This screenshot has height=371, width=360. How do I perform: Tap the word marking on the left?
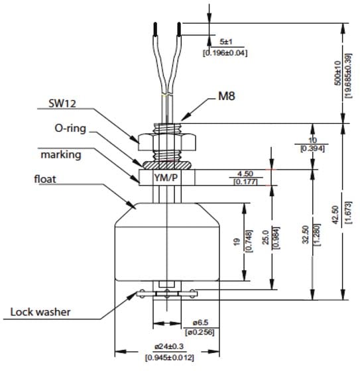point(62,154)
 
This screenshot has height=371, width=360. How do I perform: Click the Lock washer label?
point(42,310)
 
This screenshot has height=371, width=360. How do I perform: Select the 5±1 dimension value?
point(227,40)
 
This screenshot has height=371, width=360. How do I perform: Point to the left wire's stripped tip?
point(154,30)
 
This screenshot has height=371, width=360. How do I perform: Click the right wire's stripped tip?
point(178,29)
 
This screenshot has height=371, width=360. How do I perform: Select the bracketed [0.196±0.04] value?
point(224,52)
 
